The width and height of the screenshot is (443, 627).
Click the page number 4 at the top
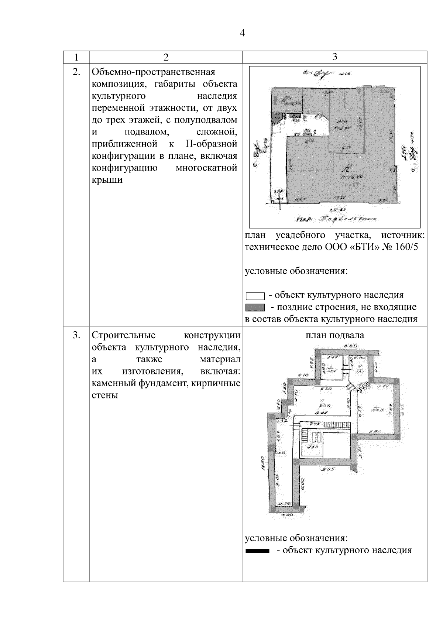[242, 34]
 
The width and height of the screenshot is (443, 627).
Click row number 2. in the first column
[76, 72]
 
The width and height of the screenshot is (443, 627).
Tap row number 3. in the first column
[76, 335]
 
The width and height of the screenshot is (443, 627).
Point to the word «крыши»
[107, 181]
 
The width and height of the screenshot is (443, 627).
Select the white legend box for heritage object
[255, 296]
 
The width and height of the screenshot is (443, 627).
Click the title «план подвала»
[334, 335]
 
